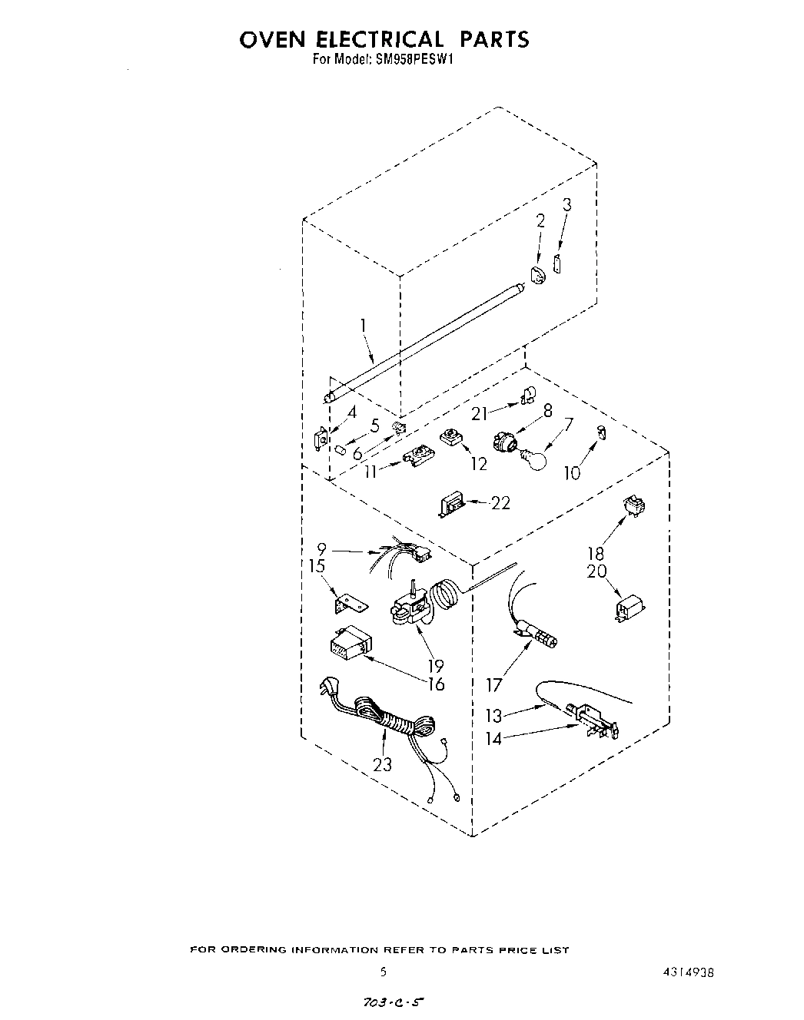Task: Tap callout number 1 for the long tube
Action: coord(363,326)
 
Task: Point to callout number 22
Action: coord(500,504)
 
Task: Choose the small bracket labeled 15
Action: coord(348,604)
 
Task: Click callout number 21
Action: coord(480,413)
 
